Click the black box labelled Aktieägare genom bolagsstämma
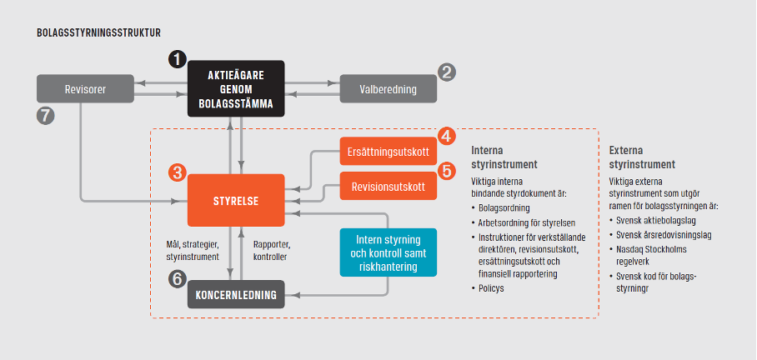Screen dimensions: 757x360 point(236,89)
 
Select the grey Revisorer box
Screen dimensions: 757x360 point(85,89)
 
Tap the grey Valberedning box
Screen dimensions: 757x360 point(389,89)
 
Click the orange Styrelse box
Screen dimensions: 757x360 point(236,200)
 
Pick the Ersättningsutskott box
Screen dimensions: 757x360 point(389,152)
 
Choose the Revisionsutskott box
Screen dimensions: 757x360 point(389,186)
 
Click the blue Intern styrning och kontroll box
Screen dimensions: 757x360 point(389,252)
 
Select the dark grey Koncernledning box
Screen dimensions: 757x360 point(236,294)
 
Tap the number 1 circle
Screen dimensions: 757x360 point(178,59)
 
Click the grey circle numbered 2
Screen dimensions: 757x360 point(447,72)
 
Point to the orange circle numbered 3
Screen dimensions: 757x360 point(178,172)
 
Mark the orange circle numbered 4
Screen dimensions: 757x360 point(447,136)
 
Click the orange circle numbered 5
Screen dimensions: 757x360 point(447,171)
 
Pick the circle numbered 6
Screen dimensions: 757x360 point(178,278)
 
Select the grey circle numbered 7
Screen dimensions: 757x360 point(45,117)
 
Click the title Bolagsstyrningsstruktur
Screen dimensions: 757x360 point(98,32)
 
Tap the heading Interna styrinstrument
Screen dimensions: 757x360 point(504,157)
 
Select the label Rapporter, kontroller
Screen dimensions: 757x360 point(272,251)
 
